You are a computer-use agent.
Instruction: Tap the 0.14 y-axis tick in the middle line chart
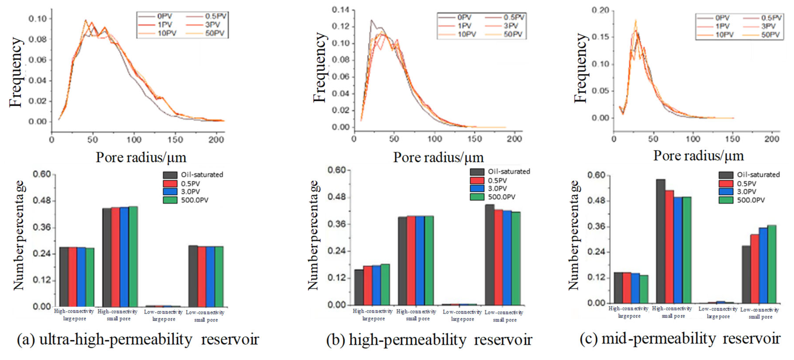(340, 10)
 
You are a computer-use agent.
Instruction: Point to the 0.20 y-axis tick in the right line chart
(600, 11)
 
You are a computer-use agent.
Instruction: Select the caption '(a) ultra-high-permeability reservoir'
(138, 340)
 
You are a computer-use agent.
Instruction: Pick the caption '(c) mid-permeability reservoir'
(680, 339)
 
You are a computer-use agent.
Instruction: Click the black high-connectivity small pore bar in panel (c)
(660, 241)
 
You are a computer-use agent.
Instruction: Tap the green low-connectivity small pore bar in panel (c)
(772, 264)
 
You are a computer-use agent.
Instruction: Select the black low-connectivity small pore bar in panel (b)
(490, 254)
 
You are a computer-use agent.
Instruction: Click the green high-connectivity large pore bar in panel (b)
(385, 284)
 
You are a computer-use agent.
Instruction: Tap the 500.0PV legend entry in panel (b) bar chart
(501, 197)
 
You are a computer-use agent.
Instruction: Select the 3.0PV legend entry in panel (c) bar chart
(746, 191)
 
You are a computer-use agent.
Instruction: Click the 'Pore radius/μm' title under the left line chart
(141, 158)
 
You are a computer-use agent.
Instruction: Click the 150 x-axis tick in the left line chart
(175, 140)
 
